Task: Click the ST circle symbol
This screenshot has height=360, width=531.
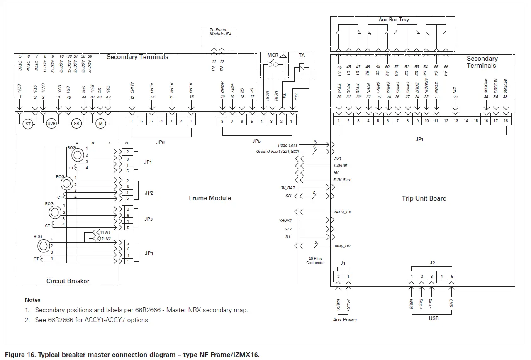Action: [27, 124]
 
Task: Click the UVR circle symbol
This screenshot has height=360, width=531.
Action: [51, 124]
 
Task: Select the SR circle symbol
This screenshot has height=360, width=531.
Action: [76, 124]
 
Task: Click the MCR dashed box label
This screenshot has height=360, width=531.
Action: [273, 55]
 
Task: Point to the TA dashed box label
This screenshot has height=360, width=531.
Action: [302, 55]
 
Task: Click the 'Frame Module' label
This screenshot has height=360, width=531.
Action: [210, 198]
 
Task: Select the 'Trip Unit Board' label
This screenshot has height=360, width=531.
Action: [424, 198]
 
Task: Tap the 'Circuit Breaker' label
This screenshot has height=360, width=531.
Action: [68, 281]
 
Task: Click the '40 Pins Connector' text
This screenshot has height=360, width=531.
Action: [315, 260]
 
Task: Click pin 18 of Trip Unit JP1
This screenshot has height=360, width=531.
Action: [506, 121]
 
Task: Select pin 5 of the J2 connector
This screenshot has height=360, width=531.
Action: [452, 277]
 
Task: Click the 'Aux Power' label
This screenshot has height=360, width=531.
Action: [345, 320]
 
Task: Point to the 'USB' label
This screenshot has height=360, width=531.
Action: [434, 318]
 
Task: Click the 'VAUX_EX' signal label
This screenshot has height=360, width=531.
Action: [343, 212]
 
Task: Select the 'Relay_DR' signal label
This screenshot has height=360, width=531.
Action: [342, 246]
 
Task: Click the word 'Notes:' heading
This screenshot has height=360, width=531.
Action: [33, 300]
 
